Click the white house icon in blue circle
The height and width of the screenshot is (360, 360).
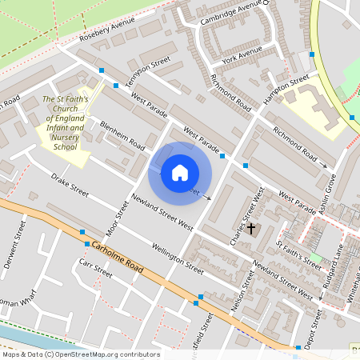180,172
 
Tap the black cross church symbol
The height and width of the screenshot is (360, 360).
251,229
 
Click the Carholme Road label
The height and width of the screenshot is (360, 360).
118,258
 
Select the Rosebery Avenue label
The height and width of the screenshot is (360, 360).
107,32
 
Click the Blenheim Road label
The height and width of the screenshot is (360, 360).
122,136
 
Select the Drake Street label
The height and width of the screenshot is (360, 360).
70,184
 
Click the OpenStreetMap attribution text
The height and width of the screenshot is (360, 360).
80,354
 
